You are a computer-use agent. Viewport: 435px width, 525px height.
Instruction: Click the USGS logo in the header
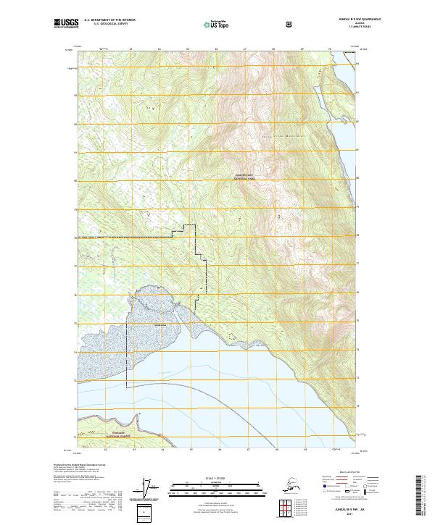click(x=63, y=24)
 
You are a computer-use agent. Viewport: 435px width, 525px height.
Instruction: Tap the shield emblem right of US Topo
click(x=290, y=24)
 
